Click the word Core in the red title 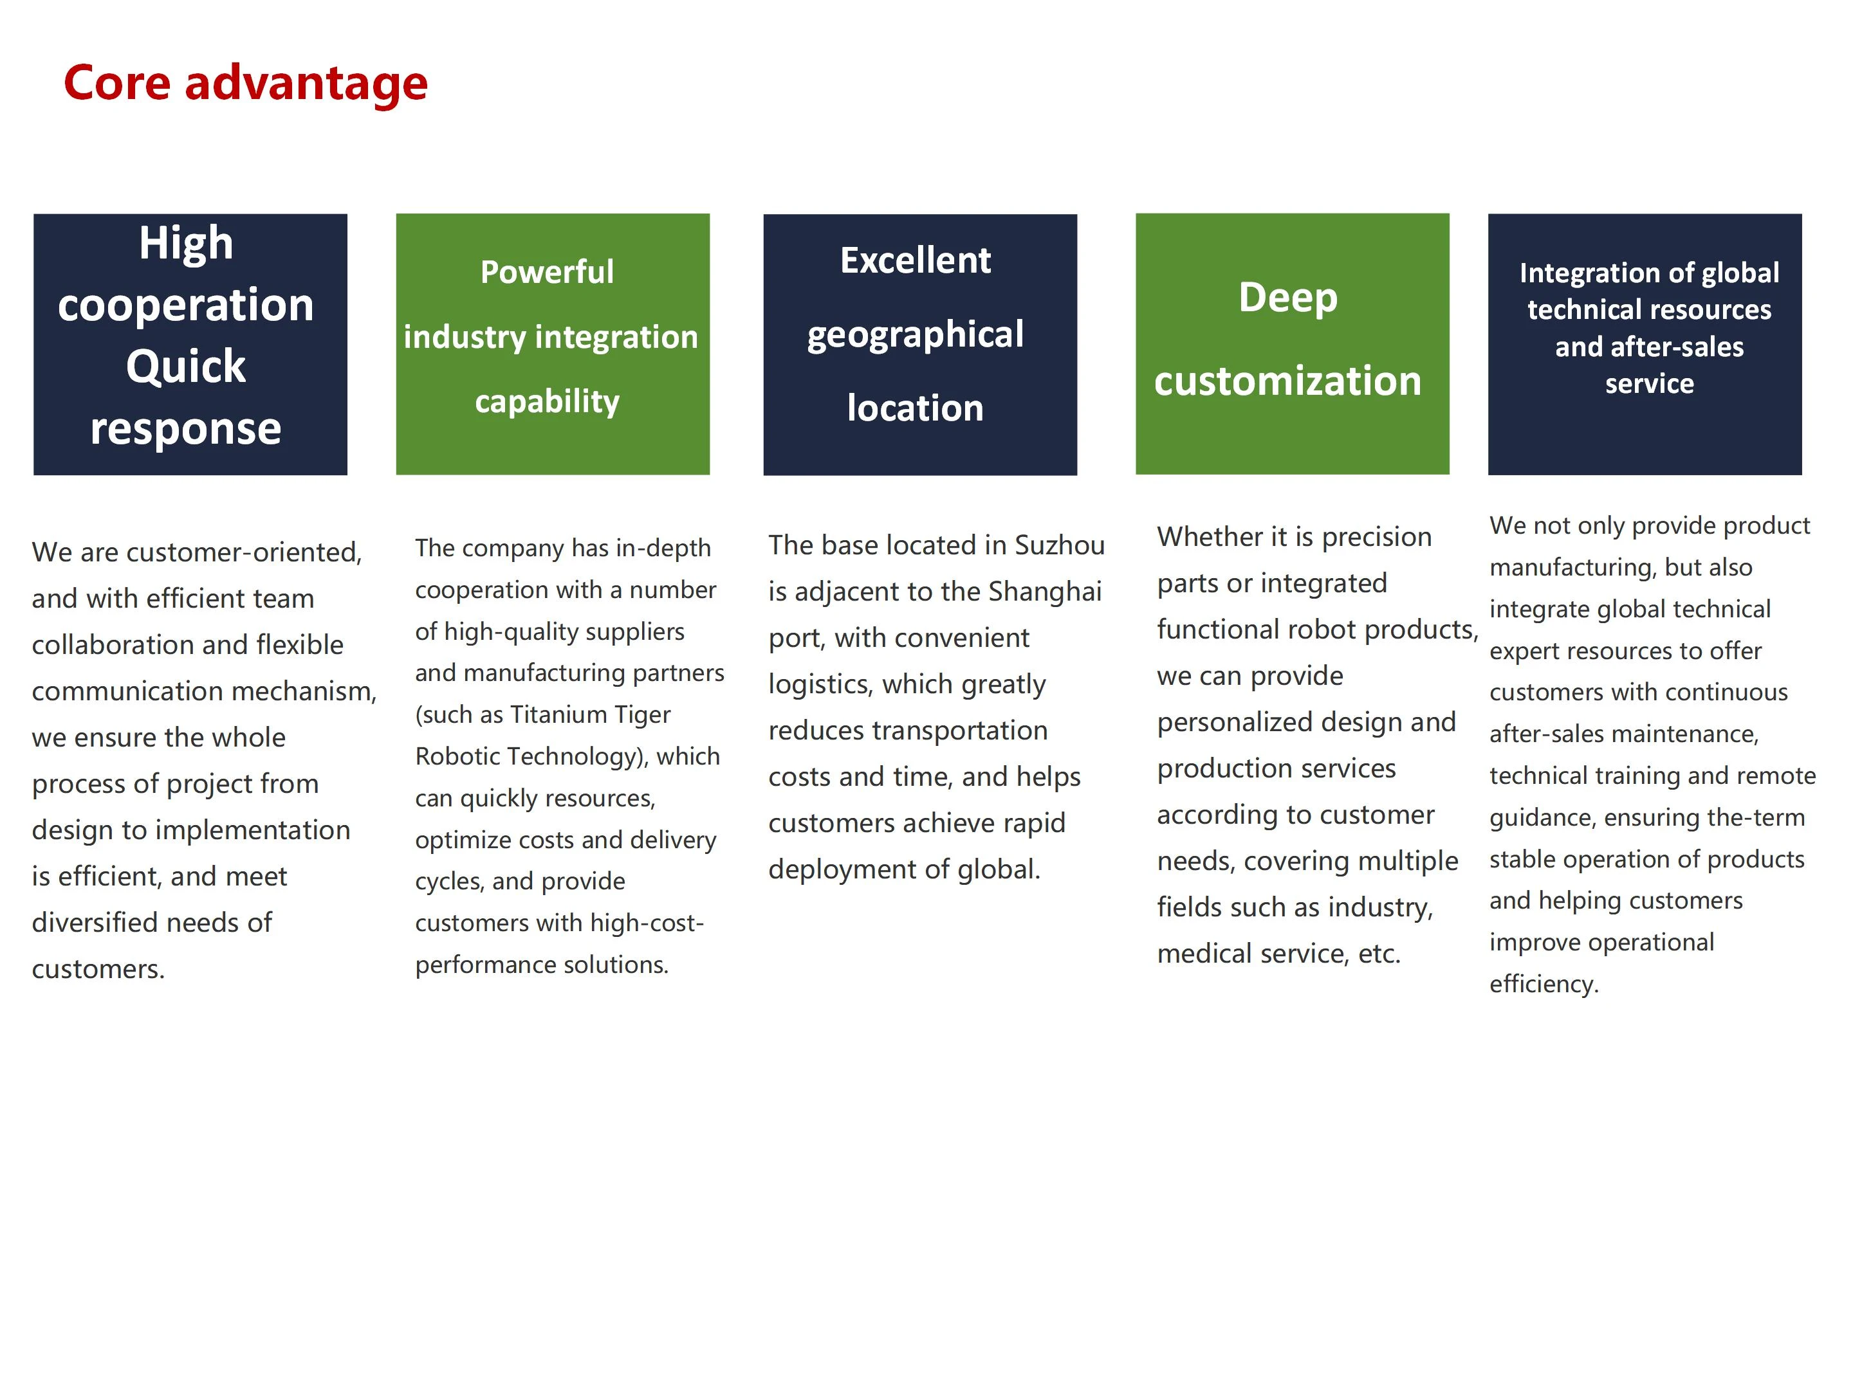click(x=117, y=83)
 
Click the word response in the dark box click(x=186, y=430)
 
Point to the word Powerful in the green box click(x=547, y=272)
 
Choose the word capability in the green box click(x=547, y=402)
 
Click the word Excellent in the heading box click(x=916, y=260)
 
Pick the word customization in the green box click(x=1288, y=381)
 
